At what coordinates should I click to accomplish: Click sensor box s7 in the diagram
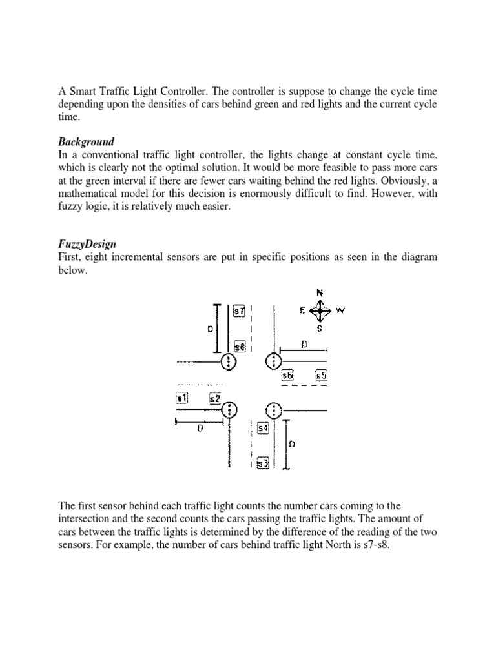point(240,311)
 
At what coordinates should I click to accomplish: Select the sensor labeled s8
point(240,347)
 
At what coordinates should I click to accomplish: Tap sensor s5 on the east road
point(321,375)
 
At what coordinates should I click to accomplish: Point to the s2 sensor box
point(215,398)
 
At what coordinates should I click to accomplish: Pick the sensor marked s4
point(263,427)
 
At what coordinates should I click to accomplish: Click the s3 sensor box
point(263,463)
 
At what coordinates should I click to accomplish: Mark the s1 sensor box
point(182,398)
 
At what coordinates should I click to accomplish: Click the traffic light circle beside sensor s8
point(228,361)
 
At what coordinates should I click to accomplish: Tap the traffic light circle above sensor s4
point(274,409)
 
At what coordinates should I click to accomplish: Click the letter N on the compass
point(319,293)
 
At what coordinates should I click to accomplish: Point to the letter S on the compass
point(319,328)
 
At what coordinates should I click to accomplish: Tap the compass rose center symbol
point(319,310)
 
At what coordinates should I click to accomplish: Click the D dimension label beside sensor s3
point(292,445)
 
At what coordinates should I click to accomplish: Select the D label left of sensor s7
point(209,329)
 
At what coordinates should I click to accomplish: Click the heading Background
point(86,141)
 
